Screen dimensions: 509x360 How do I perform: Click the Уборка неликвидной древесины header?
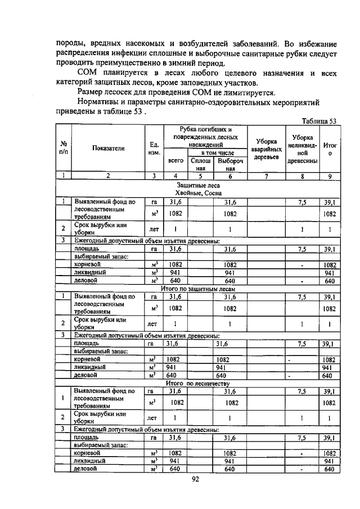(x=303, y=149)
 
